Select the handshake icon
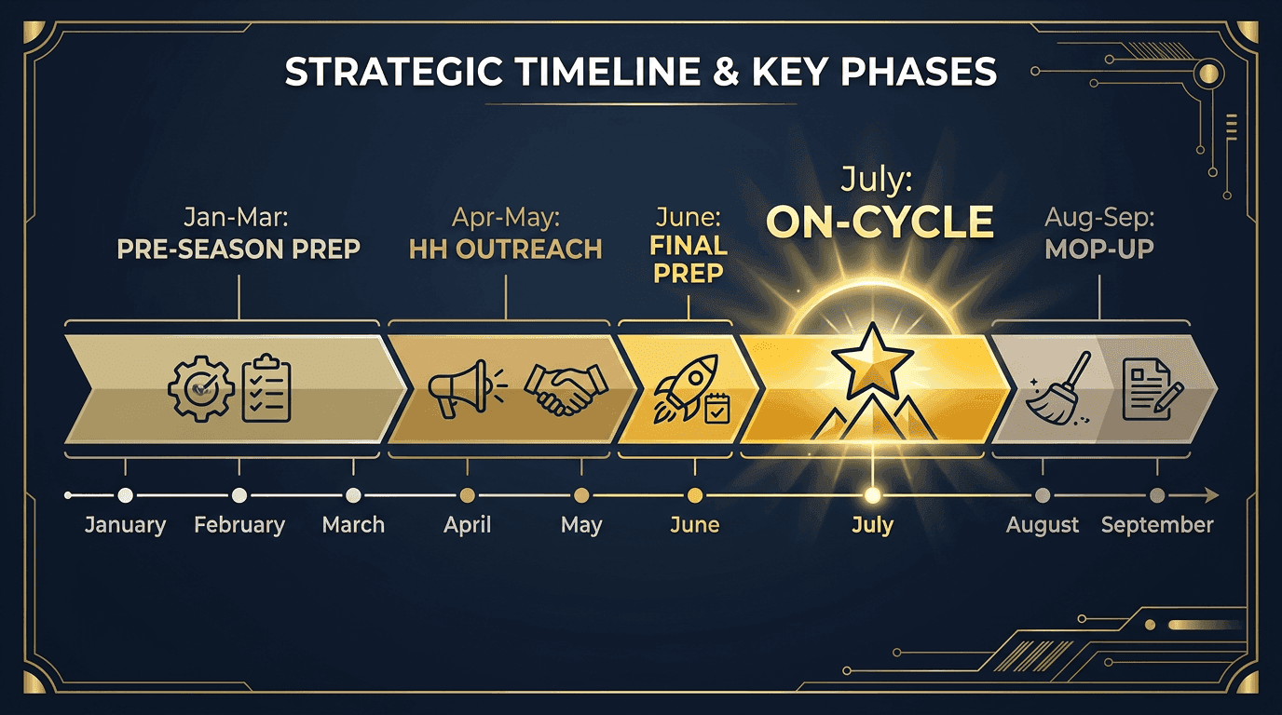pyautogui.click(x=565, y=389)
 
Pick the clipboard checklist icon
pyautogui.click(x=266, y=387)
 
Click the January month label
pyautogui.click(x=125, y=525)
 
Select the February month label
pyautogui.click(x=239, y=525)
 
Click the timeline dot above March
pyautogui.click(x=353, y=495)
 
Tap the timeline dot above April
pyautogui.click(x=468, y=495)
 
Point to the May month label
pyautogui.click(x=581, y=525)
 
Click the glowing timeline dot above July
pyautogui.click(x=872, y=495)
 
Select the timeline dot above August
pyautogui.click(x=1043, y=495)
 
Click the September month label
pyautogui.click(x=1157, y=525)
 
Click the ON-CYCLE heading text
pyautogui.click(x=880, y=223)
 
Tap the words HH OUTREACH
pyautogui.click(x=505, y=250)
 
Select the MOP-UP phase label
pyautogui.click(x=1101, y=250)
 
